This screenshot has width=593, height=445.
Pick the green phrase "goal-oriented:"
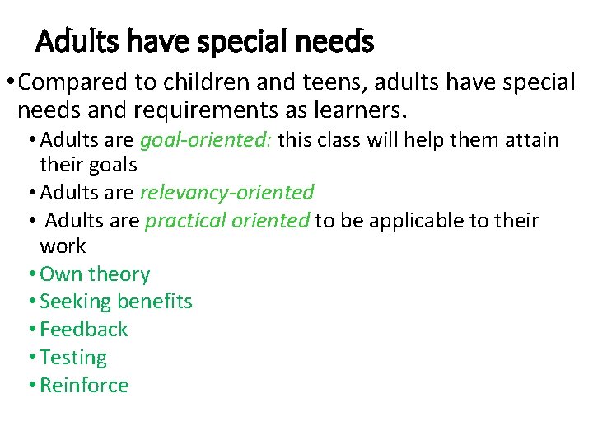tap(205, 140)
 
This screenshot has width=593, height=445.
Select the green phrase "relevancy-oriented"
tap(226, 193)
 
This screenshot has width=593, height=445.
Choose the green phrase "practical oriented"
tap(227, 221)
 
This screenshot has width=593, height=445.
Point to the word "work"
tap(63, 246)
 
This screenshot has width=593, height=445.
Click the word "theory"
tap(119, 274)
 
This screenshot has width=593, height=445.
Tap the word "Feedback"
tap(84, 330)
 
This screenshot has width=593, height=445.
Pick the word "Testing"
tap(73, 358)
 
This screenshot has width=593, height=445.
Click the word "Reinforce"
tap(84, 386)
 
